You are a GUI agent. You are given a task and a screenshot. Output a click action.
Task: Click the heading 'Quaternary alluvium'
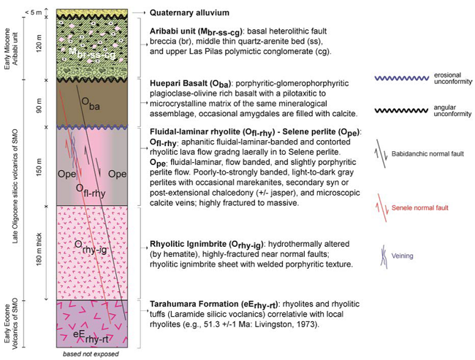click(189, 12)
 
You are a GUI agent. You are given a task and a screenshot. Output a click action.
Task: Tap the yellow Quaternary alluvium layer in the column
click(92, 12)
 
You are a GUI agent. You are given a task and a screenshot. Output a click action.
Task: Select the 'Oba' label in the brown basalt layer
click(91, 103)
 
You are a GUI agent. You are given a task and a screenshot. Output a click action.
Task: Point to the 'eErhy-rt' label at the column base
click(91, 337)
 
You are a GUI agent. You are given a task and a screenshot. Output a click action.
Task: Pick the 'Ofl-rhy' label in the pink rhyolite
click(91, 191)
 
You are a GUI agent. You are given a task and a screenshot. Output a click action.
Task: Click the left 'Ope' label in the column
click(66, 174)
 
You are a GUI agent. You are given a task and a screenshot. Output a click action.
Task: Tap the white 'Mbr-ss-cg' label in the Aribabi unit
click(92, 54)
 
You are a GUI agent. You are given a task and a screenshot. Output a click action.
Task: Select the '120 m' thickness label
click(39, 43)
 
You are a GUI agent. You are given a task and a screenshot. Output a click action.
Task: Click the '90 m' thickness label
click(39, 105)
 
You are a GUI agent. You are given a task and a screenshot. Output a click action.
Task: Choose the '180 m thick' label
click(39, 249)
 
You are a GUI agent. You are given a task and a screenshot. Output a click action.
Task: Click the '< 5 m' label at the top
click(34, 12)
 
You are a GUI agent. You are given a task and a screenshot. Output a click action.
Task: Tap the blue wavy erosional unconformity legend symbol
click(402, 78)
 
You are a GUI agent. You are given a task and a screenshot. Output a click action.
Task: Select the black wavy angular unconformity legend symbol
click(402, 110)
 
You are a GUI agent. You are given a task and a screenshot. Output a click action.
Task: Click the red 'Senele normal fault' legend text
click(420, 207)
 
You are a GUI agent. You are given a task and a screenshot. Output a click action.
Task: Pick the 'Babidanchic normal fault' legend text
click(427, 154)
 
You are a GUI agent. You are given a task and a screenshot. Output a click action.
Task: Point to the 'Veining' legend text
click(403, 256)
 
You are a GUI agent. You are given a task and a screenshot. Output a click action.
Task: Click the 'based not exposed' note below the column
click(91, 354)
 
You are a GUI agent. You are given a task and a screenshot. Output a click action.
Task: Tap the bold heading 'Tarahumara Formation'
click(195, 304)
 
